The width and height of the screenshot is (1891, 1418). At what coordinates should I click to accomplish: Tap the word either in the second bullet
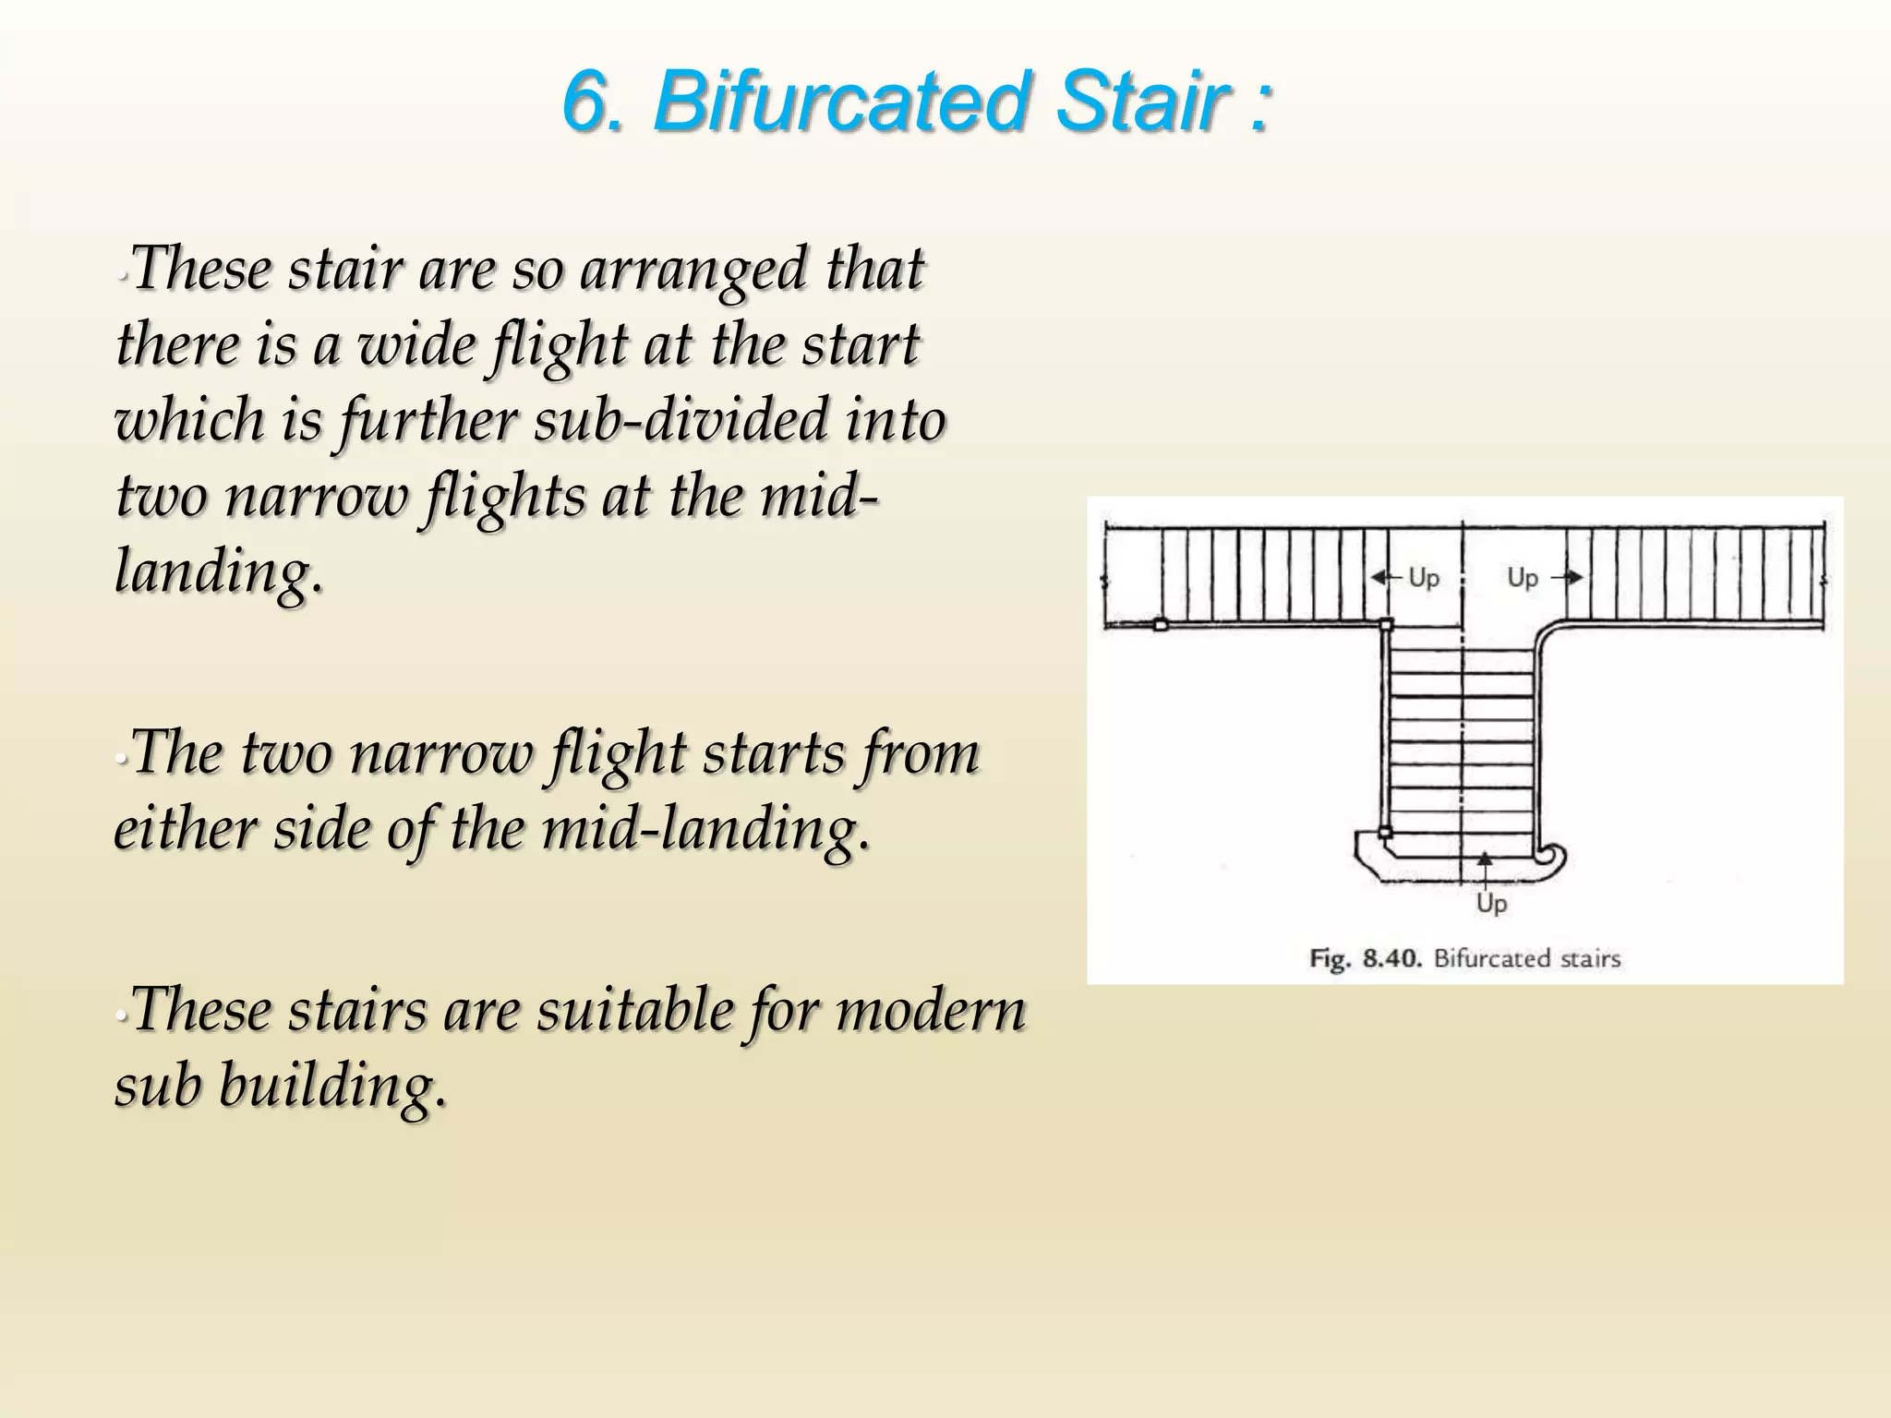185,829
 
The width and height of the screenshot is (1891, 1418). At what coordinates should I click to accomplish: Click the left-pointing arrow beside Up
1386,578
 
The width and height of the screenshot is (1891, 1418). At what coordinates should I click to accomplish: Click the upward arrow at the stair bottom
1484,860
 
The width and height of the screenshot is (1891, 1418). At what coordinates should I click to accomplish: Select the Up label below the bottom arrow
1491,903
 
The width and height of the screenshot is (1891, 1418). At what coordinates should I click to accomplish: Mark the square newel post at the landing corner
1386,625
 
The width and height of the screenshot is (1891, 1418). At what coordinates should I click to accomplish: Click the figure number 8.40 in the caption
1391,958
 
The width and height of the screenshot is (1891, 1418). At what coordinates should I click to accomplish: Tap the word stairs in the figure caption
1590,958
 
